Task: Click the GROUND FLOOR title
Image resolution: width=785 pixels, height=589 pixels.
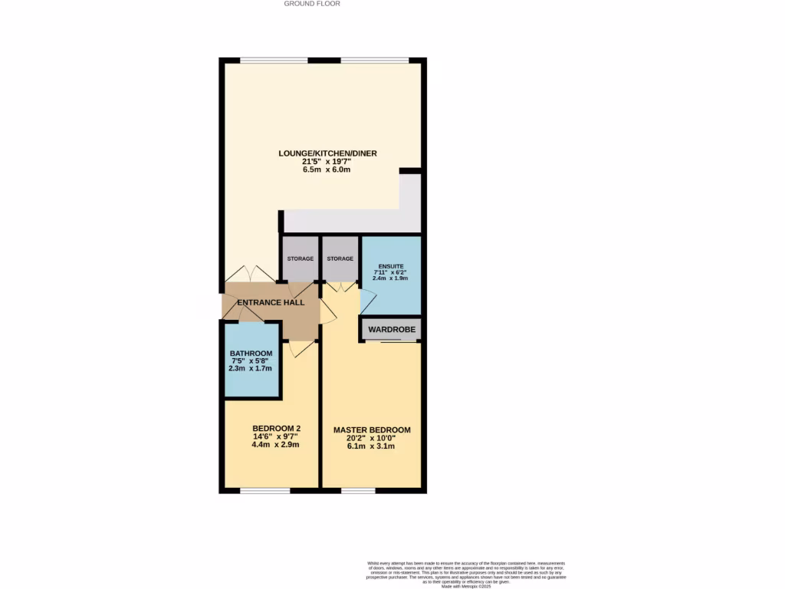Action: point(312,4)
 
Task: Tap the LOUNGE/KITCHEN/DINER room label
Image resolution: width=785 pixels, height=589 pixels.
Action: point(327,153)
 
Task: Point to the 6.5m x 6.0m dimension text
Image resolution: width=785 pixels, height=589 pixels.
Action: point(327,170)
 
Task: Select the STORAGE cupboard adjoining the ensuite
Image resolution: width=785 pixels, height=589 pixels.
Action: point(340,259)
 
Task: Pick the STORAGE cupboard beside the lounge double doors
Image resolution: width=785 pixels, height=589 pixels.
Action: point(301,259)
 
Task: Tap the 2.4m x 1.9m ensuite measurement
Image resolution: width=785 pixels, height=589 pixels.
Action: point(390,278)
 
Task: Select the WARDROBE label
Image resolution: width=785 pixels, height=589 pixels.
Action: point(392,330)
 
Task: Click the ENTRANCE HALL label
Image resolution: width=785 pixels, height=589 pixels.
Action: point(271,303)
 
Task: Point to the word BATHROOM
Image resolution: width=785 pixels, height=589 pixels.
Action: point(251,354)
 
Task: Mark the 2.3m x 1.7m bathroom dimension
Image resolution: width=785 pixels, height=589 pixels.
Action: point(251,368)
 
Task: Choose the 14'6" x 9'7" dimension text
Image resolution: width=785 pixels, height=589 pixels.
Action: point(276,437)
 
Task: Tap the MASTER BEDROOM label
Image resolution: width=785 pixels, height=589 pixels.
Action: point(372,430)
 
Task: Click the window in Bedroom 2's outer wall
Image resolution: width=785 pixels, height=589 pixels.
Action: point(264,490)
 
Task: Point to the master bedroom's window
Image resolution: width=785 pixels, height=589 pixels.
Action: point(358,490)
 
